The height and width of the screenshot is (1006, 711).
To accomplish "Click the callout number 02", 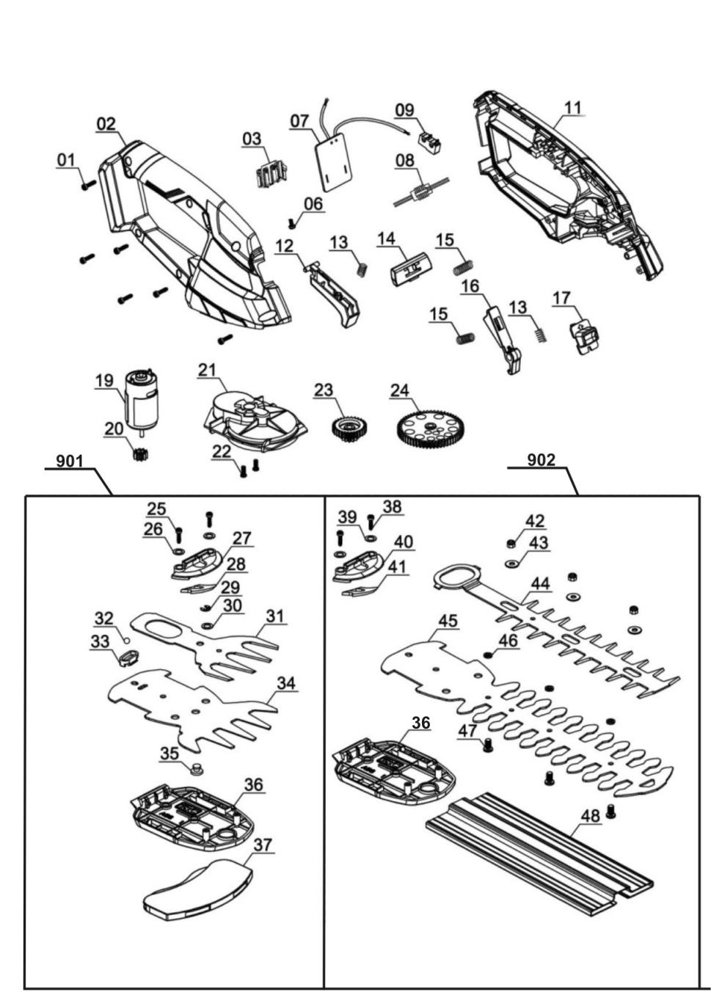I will (106, 123).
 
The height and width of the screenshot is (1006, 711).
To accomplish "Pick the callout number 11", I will (573, 107).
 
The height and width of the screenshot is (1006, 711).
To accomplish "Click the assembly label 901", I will (70, 461).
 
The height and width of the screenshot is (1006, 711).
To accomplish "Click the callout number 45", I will (448, 621).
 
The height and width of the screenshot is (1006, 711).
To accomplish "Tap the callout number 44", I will (540, 583).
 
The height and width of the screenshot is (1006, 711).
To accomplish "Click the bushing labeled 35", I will (196, 770).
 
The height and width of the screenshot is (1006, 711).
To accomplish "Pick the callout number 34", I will (286, 683).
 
